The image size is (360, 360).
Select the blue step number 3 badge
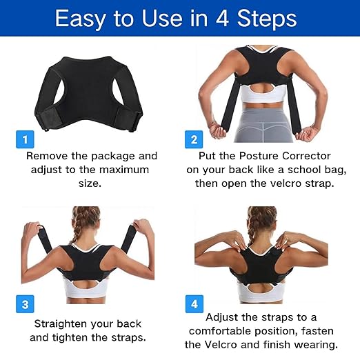(x=25, y=303)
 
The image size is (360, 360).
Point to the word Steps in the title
(x=270, y=19)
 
